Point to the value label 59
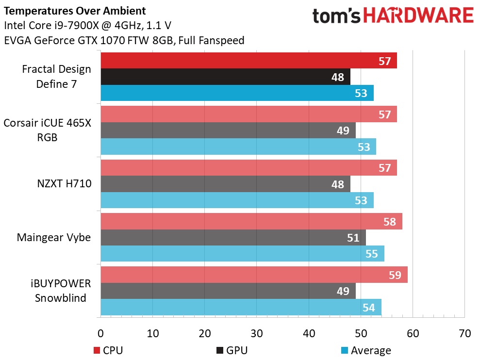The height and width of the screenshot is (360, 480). click(395, 275)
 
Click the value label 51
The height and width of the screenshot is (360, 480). click(353, 238)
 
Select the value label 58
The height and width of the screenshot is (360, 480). click(390, 222)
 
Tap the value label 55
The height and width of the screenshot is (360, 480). click(371, 254)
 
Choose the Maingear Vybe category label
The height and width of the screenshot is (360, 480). click(53, 238)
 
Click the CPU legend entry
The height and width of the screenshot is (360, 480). click(109, 350)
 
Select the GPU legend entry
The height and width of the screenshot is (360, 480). click(232, 350)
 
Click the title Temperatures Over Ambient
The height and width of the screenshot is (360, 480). click(74, 10)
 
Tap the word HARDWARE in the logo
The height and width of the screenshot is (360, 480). click(419, 16)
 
